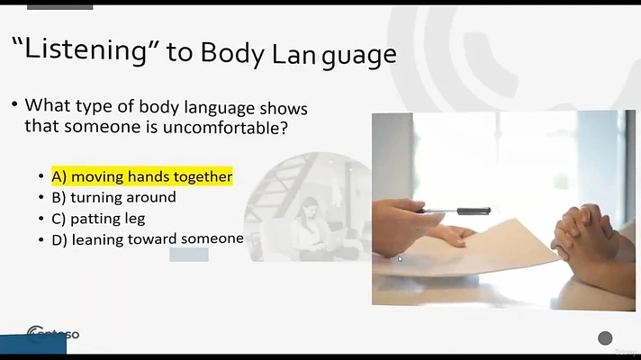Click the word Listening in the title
[86, 49]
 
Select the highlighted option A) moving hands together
[142, 176]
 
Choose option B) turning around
[113, 197]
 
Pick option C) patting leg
[98, 219]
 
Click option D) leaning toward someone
[148, 239]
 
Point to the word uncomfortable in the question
[225, 128]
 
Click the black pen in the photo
[454, 211]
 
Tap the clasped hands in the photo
[582, 233]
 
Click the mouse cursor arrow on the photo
[400, 257]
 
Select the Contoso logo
[53, 334]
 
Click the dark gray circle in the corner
[605, 338]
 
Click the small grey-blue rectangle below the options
[189, 254]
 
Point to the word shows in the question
[284, 108]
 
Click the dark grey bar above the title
[60, 7]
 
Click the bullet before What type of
[14, 104]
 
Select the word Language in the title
[334, 54]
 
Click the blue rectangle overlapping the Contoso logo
[33, 345]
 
